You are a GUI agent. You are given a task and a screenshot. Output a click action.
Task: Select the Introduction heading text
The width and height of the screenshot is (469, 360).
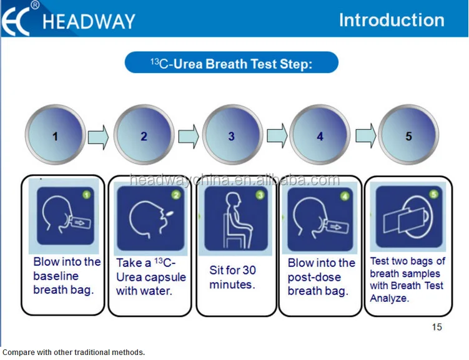(x=392, y=20)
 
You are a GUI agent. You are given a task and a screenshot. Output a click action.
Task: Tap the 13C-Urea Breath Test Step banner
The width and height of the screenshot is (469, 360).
(x=231, y=63)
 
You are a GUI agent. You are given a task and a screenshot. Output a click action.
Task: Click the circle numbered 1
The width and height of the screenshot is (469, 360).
(x=55, y=135)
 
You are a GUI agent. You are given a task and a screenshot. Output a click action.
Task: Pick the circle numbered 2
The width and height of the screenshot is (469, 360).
(x=144, y=135)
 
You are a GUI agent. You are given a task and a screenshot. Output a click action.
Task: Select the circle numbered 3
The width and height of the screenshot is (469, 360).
(x=232, y=135)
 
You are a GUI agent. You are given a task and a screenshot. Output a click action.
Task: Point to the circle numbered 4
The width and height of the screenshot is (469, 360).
(x=320, y=135)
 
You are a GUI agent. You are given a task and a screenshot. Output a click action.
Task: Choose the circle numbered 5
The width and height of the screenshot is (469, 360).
(x=408, y=135)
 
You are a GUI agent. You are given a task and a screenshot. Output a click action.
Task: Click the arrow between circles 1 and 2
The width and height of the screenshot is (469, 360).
(x=99, y=135)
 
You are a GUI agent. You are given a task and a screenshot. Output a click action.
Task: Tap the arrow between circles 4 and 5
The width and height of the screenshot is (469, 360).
(x=365, y=135)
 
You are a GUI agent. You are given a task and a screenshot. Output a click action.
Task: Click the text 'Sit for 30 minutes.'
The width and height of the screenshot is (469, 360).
(x=232, y=278)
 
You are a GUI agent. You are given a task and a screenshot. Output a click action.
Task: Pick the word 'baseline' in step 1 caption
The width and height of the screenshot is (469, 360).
(x=56, y=276)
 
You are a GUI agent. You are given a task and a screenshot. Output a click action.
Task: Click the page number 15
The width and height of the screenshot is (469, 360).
(x=437, y=327)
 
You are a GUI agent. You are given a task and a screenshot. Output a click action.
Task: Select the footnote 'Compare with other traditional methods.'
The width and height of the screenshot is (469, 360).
(x=74, y=353)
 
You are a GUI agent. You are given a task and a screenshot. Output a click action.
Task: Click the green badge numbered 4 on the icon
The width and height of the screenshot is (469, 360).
(x=344, y=195)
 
